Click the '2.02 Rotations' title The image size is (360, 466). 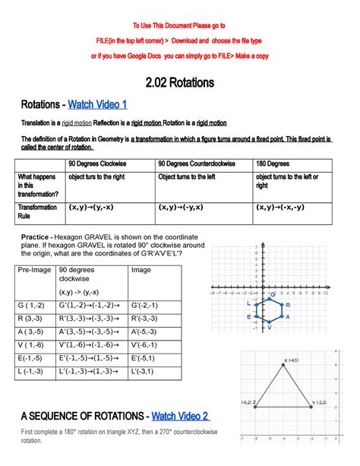point(179,81)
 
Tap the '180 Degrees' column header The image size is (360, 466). point(274,163)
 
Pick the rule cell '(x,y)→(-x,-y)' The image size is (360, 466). point(281,206)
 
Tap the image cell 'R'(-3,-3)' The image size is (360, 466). point(149,319)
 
